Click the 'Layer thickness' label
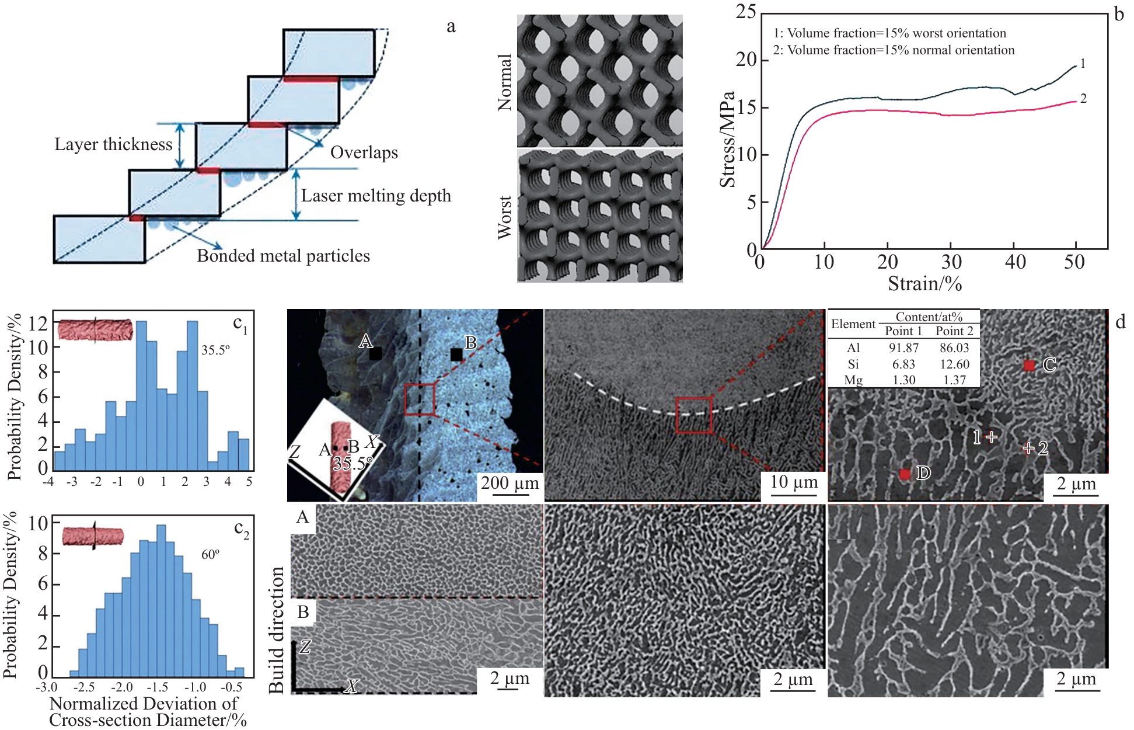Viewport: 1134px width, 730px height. point(113,144)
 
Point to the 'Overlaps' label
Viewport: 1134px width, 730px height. point(364,152)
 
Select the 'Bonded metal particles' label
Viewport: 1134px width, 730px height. point(283,256)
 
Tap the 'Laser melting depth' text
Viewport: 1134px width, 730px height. point(376,196)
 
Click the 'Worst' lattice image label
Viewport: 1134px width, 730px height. point(504,217)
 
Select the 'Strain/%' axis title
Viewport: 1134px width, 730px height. point(924,284)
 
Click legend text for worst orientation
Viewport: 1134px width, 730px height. point(889,33)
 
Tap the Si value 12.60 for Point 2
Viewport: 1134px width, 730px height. point(954,364)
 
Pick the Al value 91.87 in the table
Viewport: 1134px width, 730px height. point(903,348)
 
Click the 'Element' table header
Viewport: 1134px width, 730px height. point(853,324)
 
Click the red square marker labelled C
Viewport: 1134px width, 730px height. point(1030,366)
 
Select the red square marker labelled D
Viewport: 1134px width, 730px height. point(905,474)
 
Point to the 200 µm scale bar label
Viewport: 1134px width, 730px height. point(510,483)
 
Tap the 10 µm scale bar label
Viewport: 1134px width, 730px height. point(794,482)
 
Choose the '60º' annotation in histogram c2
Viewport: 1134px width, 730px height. point(210,554)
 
